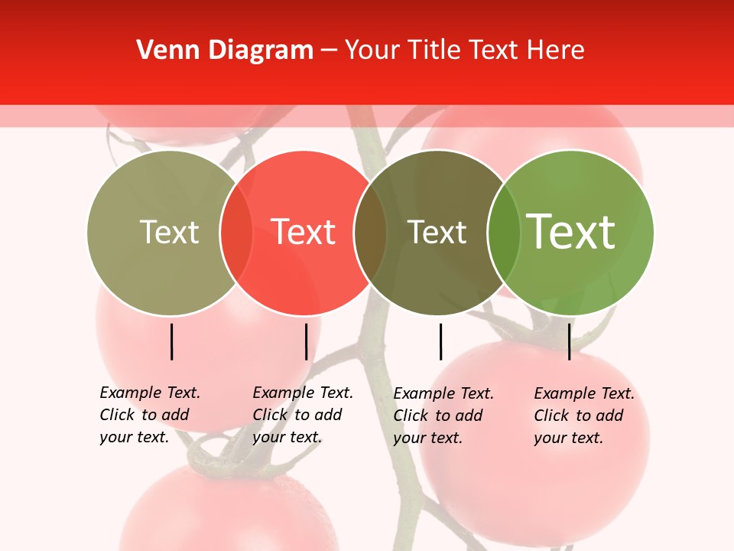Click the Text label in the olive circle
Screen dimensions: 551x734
coord(169,232)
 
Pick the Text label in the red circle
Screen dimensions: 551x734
coord(304,232)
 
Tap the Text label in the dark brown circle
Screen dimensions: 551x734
coord(437,232)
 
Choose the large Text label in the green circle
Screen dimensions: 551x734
coord(571,232)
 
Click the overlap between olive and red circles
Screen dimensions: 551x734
coord(236,233)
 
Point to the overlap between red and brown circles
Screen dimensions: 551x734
coord(370,233)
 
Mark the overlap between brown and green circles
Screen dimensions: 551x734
coord(503,233)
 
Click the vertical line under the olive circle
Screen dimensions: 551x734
coord(172,341)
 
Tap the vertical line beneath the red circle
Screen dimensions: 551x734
coord(306,341)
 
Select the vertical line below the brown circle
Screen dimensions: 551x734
coord(441,341)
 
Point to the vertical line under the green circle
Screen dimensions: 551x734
coord(570,341)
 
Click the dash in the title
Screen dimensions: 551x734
coord(329,51)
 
